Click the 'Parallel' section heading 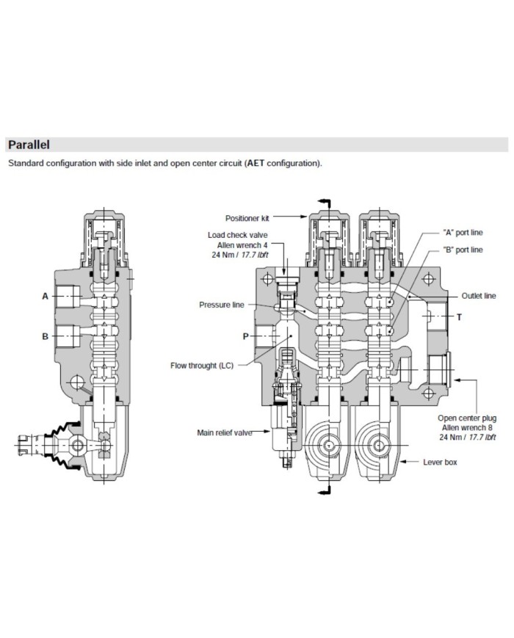28,145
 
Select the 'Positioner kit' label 249,217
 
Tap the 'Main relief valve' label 223,432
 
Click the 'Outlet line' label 478,296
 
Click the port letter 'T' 460,317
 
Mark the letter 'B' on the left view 45,337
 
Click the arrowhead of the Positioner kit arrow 305,217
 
